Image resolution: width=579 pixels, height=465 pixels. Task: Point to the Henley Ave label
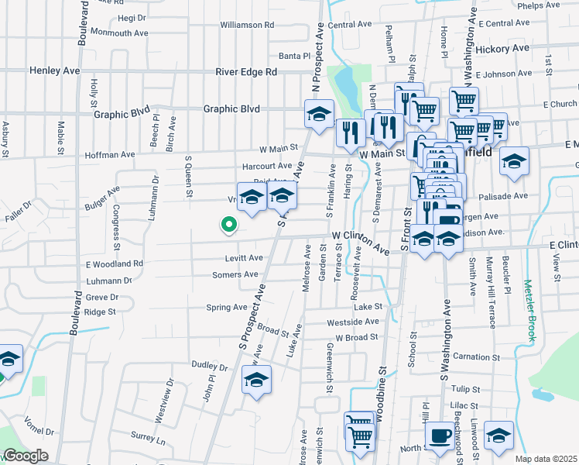click(x=55, y=71)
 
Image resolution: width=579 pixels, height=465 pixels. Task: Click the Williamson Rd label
click(x=247, y=25)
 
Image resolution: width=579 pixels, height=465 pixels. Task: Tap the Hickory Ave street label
click(x=502, y=48)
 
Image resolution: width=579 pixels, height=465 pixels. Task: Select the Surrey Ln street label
click(x=149, y=440)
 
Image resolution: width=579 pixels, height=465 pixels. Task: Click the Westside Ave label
click(x=354, y=322)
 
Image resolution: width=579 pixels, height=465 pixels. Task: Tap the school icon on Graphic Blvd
click(x=318, y=115)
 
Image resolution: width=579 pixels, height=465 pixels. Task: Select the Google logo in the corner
click(x=25, y=456)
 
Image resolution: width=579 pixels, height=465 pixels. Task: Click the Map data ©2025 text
click(x=545, y=459)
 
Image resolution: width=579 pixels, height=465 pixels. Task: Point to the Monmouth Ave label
click(x=119, y=33)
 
